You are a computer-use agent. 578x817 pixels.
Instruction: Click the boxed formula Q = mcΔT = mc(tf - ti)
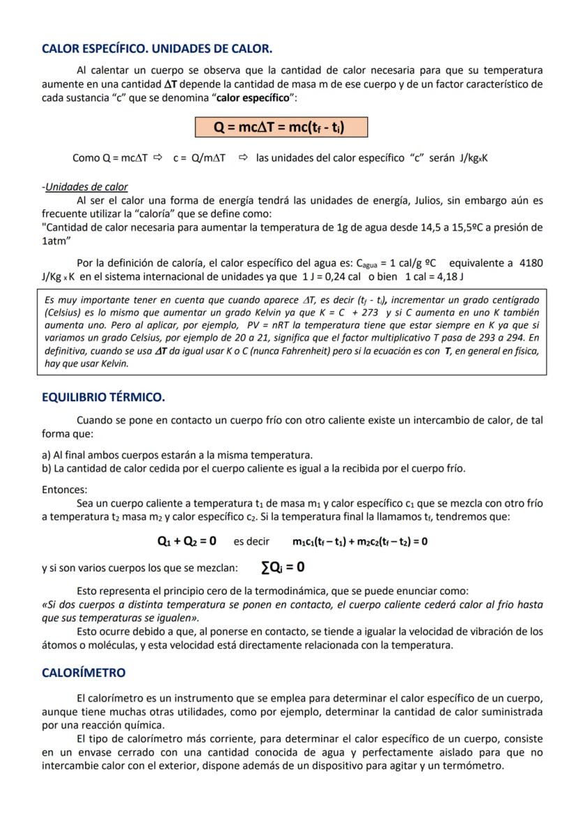click(x=281, y=127)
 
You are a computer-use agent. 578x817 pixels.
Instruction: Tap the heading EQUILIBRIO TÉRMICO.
click(x=103, y=398)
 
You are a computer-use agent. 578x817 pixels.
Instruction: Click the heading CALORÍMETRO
click(x=84, y=673)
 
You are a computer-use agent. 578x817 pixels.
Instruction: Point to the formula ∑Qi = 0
click(x=282, y=567)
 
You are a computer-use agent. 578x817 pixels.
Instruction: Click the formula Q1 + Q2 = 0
click(x=186, y=541)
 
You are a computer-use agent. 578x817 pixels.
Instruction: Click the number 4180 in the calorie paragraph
click(x=529, y=263)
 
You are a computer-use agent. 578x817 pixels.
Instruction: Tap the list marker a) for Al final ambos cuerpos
click(x=47, y=455)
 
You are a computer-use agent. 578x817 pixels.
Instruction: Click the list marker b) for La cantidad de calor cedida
click(x=47, y=468)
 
